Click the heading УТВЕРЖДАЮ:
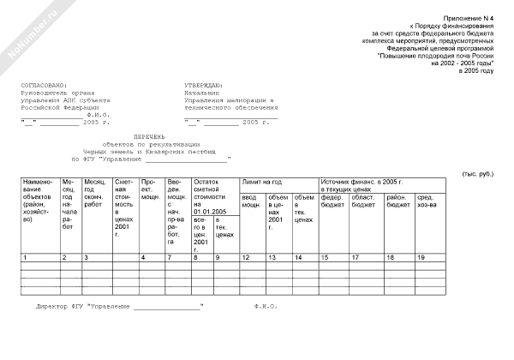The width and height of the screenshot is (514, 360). pos(203,86)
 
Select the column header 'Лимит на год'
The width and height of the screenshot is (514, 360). pos(262,183)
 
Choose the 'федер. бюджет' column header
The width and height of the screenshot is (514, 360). pos(332,202)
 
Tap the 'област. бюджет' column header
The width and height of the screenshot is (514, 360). pos(363,202)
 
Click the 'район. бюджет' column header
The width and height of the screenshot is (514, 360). pos(397,202)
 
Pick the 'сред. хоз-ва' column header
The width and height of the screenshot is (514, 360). pos(427,202)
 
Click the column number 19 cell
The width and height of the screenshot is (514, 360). pos(421,257)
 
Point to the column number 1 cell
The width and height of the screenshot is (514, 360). pos(26,257)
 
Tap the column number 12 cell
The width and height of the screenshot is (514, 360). pos(246,257)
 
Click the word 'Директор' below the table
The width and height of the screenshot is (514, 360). pos(52,306)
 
